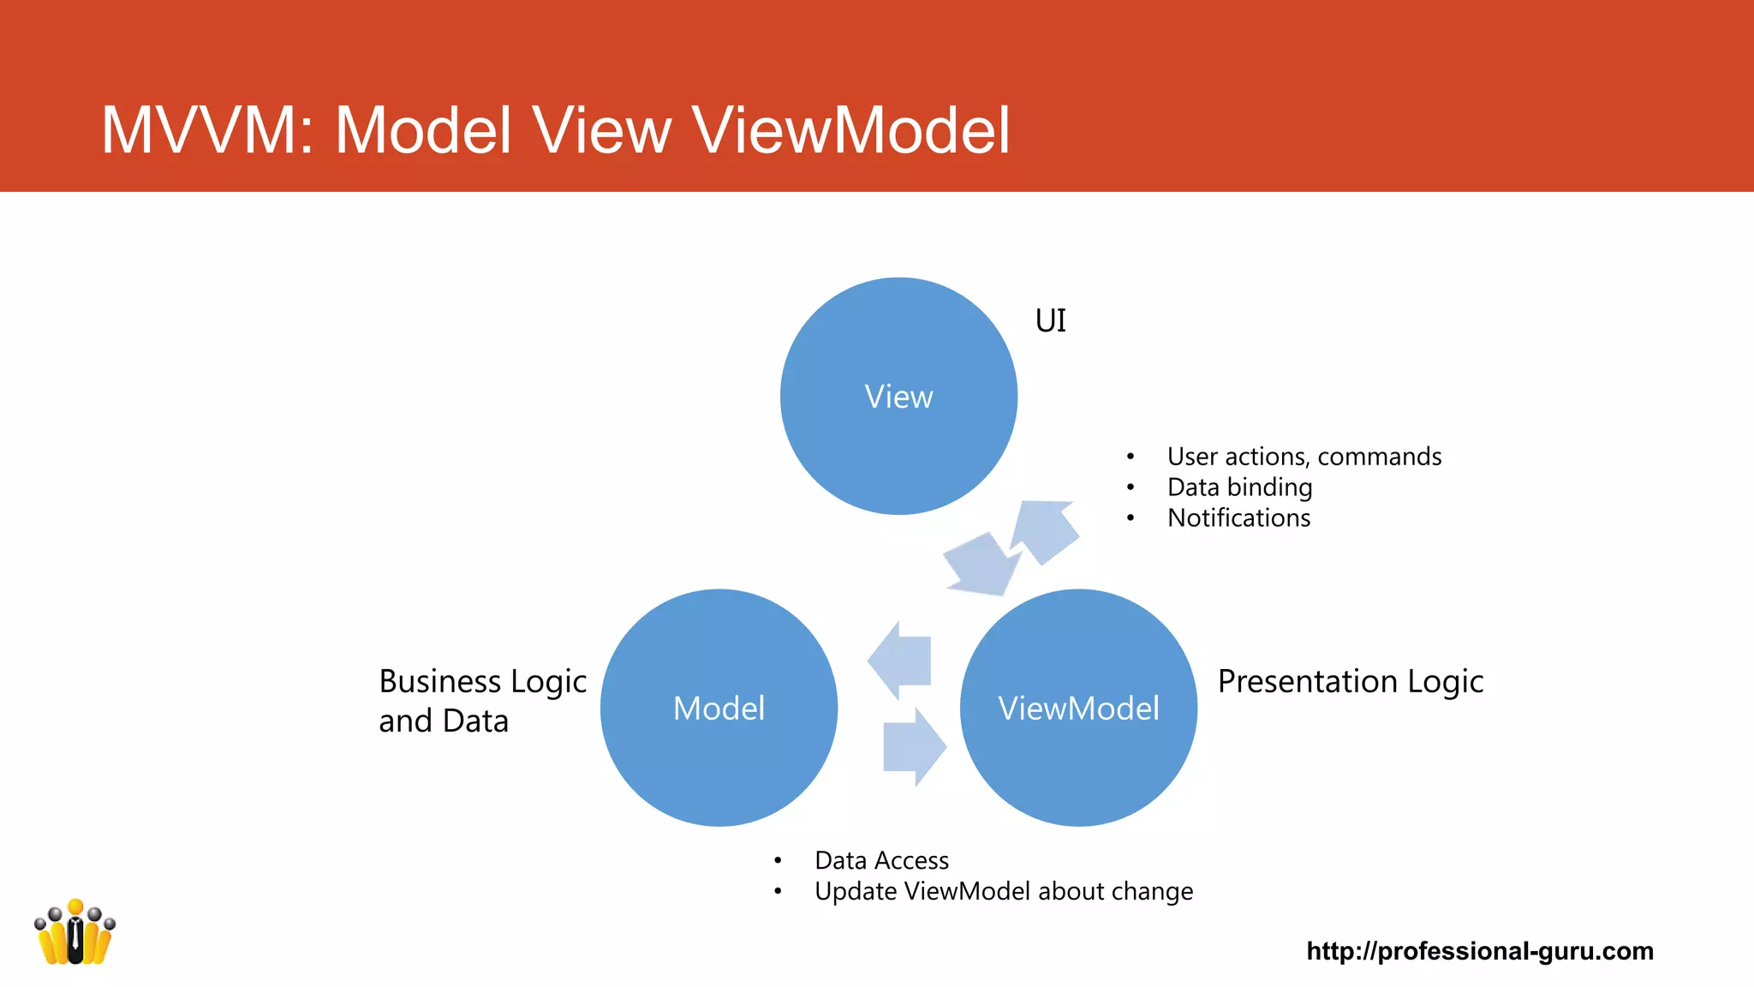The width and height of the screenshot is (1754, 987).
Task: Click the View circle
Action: (898, 396)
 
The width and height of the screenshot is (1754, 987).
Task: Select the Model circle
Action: (719, 708)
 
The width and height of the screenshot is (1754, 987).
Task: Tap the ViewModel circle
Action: (1078, 708)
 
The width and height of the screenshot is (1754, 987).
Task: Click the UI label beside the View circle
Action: (1051, 320)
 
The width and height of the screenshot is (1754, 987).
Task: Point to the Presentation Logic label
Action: (1350, 681)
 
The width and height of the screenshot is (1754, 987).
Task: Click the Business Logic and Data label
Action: (482, 701)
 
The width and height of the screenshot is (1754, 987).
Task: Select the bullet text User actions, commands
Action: (1304, 457)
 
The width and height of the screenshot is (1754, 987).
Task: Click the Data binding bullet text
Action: (1239, 488)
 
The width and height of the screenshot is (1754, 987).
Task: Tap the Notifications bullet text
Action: (1238, 518)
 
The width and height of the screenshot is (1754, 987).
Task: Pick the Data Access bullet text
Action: (881, 860)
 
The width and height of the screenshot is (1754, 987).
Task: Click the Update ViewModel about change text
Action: (1003, 891)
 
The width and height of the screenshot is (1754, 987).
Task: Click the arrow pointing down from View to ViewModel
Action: (981, 565)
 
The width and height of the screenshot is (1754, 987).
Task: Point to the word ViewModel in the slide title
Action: (850, 130)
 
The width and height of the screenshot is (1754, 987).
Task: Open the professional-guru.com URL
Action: (1479, 951)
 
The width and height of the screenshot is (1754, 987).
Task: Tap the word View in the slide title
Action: (601, 130)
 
